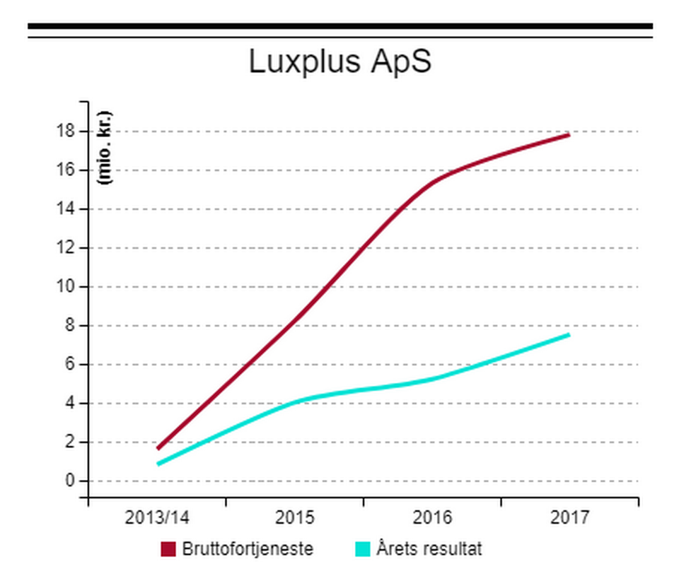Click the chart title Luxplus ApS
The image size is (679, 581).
point(339,62)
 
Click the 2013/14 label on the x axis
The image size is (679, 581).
point(157,517)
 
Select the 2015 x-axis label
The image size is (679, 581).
point(295,517)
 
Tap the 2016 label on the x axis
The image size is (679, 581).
point(432,517)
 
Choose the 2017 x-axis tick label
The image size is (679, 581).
point(569,517)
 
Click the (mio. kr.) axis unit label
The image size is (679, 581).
point(107,148)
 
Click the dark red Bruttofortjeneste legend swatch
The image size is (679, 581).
point(168,549)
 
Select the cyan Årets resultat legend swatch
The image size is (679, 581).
point(363,549)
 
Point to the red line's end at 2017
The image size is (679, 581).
point(569,134)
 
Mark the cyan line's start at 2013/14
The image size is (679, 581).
point(158,464)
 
